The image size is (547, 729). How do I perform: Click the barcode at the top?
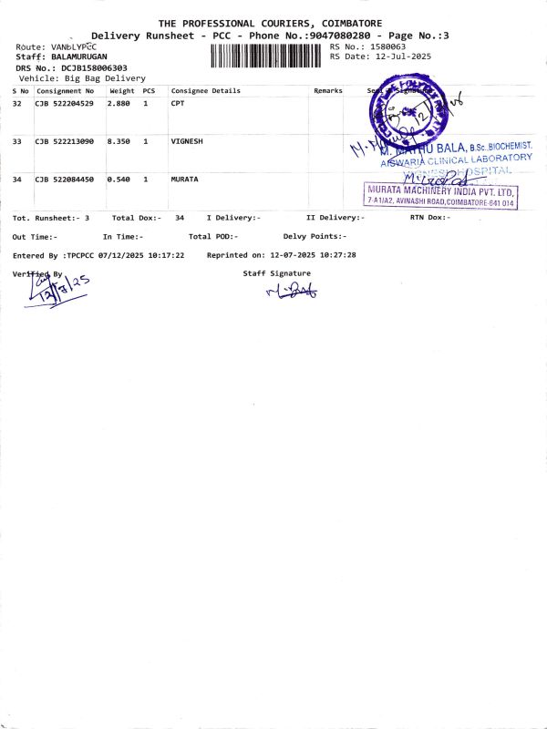coord(267,55)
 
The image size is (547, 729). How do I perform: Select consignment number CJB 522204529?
coord(65,104)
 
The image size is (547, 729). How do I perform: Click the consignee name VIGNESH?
coord(187,141)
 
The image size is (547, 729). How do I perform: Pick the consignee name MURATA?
coord(185,180)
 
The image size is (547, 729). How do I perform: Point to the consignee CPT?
coord(178,104)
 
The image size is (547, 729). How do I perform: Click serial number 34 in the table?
coord(17,180)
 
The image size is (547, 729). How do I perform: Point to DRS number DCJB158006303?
coord(95,67)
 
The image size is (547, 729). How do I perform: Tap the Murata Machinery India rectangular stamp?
coord(441,195)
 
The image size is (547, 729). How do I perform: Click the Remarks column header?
coord(328,91)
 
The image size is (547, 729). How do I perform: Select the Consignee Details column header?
coord(206,91)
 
